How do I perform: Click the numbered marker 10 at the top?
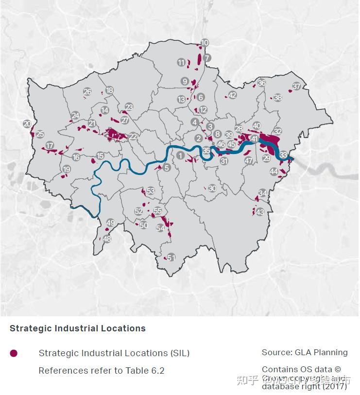(x=205, y=43)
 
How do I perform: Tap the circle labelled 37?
(x=296, y=87)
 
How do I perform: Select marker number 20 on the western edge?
(x=27, y=124)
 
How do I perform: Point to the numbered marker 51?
(x=171, y=258)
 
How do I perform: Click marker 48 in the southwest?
(x=107, y=239)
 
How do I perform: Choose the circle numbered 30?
(x=212, y=189)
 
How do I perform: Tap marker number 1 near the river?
(x=181, y=155)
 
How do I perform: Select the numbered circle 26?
(x=87, y=92)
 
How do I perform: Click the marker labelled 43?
(x=260, y=212)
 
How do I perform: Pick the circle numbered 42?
(x=232, y=95)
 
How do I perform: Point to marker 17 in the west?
(x=50, y=146)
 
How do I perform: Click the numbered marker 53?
(x=151, y=191)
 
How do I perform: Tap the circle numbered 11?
(x=181, y=63)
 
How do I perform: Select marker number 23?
(x=129, y=107)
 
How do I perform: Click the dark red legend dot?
(x=14, y=353)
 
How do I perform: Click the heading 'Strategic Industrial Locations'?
(x=78, y=328)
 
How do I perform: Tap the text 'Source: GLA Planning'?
(x=305, y=353)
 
